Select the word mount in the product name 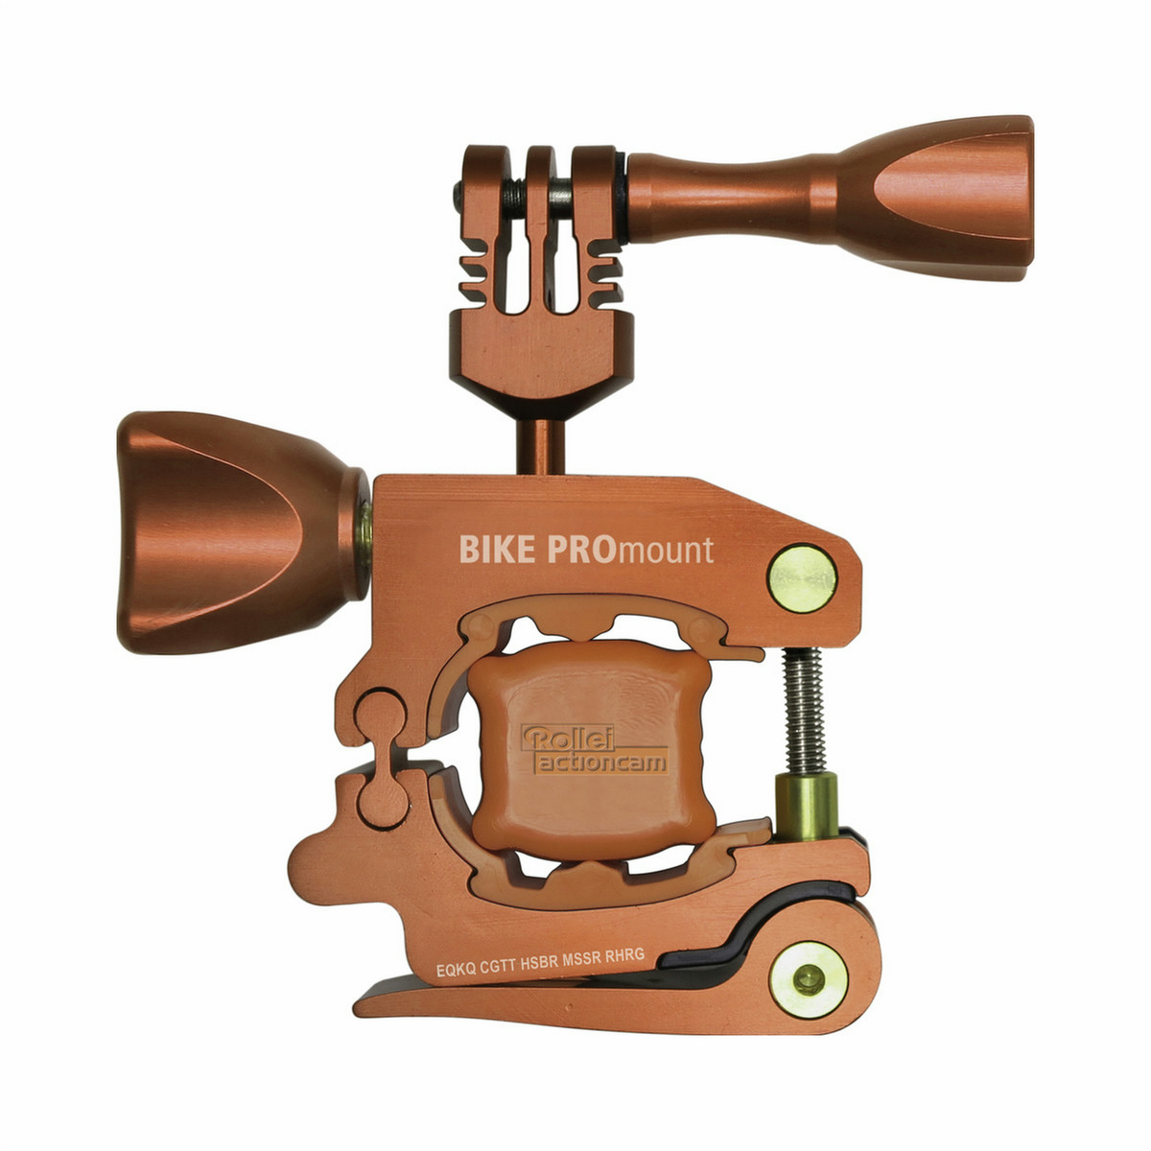coord(665,551)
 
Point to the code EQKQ coord(457,970)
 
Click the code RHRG coord(624,955)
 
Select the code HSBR coord(541,962)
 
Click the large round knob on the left coord(243,531)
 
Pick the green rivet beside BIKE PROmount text coord(802,578)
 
